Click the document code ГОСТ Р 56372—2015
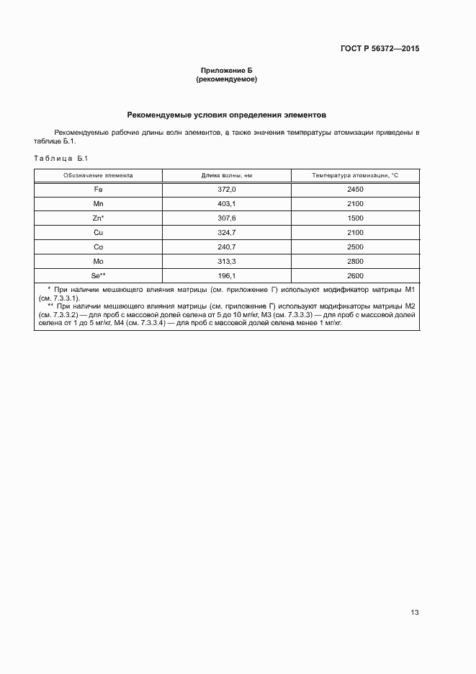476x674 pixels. point(379,49)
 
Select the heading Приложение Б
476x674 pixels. point(227,70)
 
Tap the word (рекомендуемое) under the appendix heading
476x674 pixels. point(227,79)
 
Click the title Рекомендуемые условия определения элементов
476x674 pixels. point(227,115)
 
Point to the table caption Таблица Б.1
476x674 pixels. point(60,158)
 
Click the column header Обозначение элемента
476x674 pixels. point(98,175)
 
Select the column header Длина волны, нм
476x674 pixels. point(227,175)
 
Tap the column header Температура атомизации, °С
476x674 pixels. point(355,175)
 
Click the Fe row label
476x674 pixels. point(98,189)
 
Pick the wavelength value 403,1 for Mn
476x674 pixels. point(227,203)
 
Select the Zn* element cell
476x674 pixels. point(98,218)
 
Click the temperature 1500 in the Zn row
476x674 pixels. point(355,218)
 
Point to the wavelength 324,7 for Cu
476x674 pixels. point(227,232)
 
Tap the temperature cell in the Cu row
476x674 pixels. point(355,232)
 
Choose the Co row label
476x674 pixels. point(98,247)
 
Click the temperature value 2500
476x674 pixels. point(355,247)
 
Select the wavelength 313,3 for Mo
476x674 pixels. point(227,261)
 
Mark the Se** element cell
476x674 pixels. point(98,275)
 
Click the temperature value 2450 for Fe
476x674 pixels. point(355,189)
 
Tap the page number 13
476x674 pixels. point(414,613)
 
